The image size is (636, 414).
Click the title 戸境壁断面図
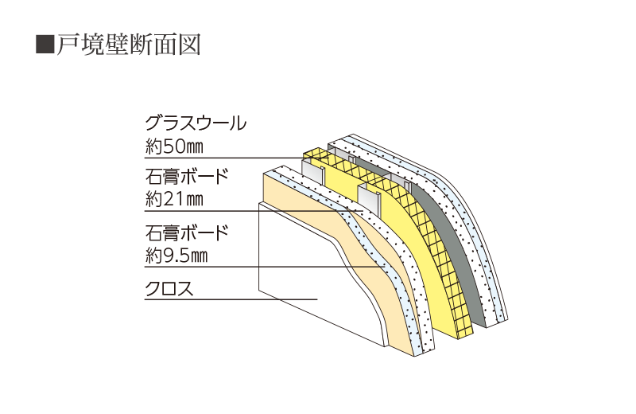[127, 44]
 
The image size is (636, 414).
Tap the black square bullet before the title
[45, 44]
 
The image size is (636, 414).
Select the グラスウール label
[195, 123]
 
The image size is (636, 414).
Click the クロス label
[168, 288]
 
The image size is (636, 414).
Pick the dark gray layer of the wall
[461, 239]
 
